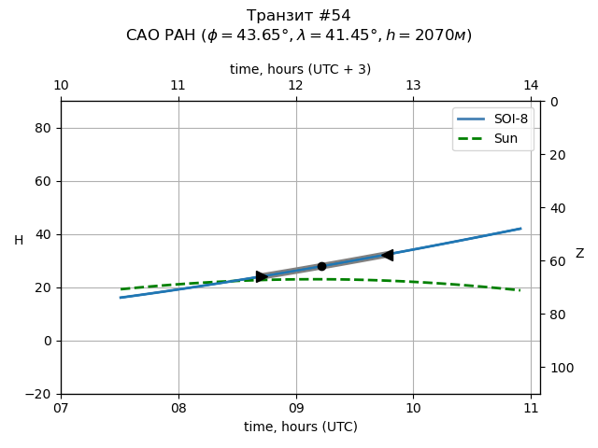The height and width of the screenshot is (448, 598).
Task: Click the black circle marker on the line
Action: click(x=321, y=266)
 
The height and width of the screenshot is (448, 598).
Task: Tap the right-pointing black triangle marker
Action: click(x=262, y=276)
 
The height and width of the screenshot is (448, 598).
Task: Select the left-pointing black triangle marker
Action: click(x=387, y=255)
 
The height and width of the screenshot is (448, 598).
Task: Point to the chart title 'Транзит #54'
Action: click(x=299, y=16)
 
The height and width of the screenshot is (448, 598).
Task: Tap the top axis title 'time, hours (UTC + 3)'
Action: click(x=301, y=69)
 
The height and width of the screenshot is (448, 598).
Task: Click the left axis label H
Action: click(x=19, y=241)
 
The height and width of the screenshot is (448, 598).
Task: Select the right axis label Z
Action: click(x=579, y=253)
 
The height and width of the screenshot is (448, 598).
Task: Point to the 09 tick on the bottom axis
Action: click(x=296, y=407)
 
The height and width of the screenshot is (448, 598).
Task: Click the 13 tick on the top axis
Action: click(x=413, y=86)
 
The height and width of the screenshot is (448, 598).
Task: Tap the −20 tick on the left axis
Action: click(x=41, y=394)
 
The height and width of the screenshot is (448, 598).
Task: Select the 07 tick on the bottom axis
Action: click(x=61, y=407)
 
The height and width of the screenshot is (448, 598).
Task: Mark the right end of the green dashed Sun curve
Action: click(x=520, y=290)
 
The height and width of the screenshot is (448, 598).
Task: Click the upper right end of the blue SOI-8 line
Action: click(x=520, y=228)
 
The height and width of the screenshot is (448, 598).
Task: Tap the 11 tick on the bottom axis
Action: click(x=531, y=407)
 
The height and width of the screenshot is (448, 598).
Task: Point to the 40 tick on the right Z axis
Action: click(x=555, y=208)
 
